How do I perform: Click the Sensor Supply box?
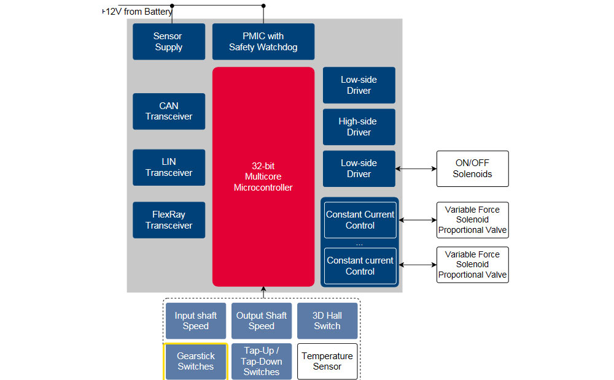(168, 42)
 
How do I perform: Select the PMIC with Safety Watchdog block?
(263, 42)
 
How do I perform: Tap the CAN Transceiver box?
(168, 111)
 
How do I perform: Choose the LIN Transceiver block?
(168, 167)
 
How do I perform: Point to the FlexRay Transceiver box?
(168, 220)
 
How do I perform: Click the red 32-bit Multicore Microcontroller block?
(263, 177)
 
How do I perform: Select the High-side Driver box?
(359, 127)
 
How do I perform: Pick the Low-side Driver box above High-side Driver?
(359, 85)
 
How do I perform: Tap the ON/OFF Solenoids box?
(472, 169)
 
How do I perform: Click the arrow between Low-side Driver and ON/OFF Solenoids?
(416, 169)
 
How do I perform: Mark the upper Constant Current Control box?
(360, 220)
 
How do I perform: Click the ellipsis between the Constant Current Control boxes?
(360, 243)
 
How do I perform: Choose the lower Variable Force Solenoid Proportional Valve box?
(472, 265)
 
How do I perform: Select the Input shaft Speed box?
(196, 321)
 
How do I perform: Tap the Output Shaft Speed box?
(262, 321)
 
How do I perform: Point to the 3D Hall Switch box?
(327, 321)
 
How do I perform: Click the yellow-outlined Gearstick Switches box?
(196, 362)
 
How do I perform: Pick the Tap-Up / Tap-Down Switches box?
(262, 362)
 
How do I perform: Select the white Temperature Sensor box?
(327, 362)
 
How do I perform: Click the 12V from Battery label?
(138, 12)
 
